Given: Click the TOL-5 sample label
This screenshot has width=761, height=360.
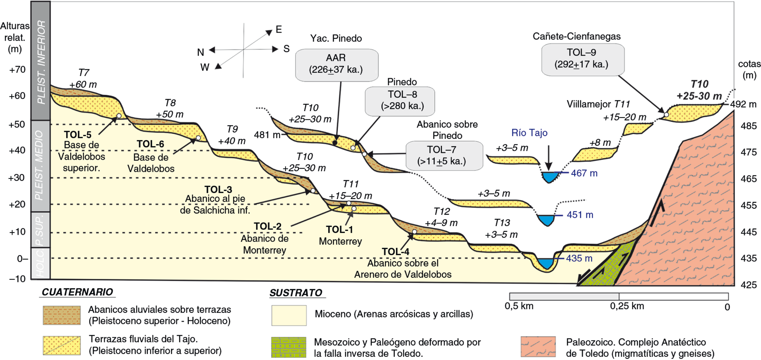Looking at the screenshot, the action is tap(78, 135).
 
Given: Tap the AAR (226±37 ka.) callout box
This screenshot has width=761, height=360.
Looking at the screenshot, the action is tap(337, 65).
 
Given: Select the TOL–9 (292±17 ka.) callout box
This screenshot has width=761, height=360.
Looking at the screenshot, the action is tap(583, 59).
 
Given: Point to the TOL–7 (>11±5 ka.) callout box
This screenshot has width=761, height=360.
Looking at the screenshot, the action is tap(444, 156).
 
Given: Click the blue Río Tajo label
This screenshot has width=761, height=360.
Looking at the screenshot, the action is tap(529, 133).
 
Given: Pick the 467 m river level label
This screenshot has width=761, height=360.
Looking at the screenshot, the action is tap(584, 173).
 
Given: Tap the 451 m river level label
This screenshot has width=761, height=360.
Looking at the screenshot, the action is tap(580, 215).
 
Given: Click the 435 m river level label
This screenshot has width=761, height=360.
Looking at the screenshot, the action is tap(579, 258).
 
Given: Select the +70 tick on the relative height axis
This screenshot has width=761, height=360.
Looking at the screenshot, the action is tap(17, 70).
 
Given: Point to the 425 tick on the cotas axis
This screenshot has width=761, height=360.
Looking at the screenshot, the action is tap(749, 285).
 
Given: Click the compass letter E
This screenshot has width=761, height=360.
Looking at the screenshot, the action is tap(279, 29).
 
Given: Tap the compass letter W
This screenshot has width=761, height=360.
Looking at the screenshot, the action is tap(205, 67).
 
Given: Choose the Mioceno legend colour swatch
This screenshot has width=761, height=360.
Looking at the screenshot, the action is tap(289, 315).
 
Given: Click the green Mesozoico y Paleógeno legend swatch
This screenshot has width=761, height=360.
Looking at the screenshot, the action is tap(289, 347).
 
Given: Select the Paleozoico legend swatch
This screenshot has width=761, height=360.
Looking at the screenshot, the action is tap(538, 347).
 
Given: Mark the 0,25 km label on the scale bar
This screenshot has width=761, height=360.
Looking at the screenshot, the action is tap(627, 306).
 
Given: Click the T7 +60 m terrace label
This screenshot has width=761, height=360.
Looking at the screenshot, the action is tap(83, 79).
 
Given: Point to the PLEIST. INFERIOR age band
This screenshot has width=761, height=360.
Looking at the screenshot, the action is tap(41, 61).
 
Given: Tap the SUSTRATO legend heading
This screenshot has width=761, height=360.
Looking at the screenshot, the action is tap(296, 293).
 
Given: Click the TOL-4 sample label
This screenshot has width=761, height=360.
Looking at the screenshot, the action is tap(395, 251).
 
